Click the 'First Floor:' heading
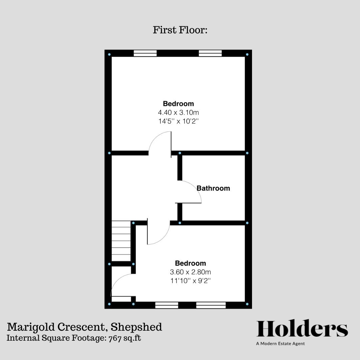(180, 30)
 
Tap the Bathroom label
(213, 188)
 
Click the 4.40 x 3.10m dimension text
(178, 113)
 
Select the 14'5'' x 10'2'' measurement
(178, 121)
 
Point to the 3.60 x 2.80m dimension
(190, 272)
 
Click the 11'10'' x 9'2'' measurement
(190, 281)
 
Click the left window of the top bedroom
(145, 53)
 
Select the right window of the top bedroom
(210, 53)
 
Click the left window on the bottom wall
(167, 305)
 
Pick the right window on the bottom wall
(211, 305)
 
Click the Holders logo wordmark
(302, 329)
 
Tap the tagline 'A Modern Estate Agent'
(280, 344)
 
